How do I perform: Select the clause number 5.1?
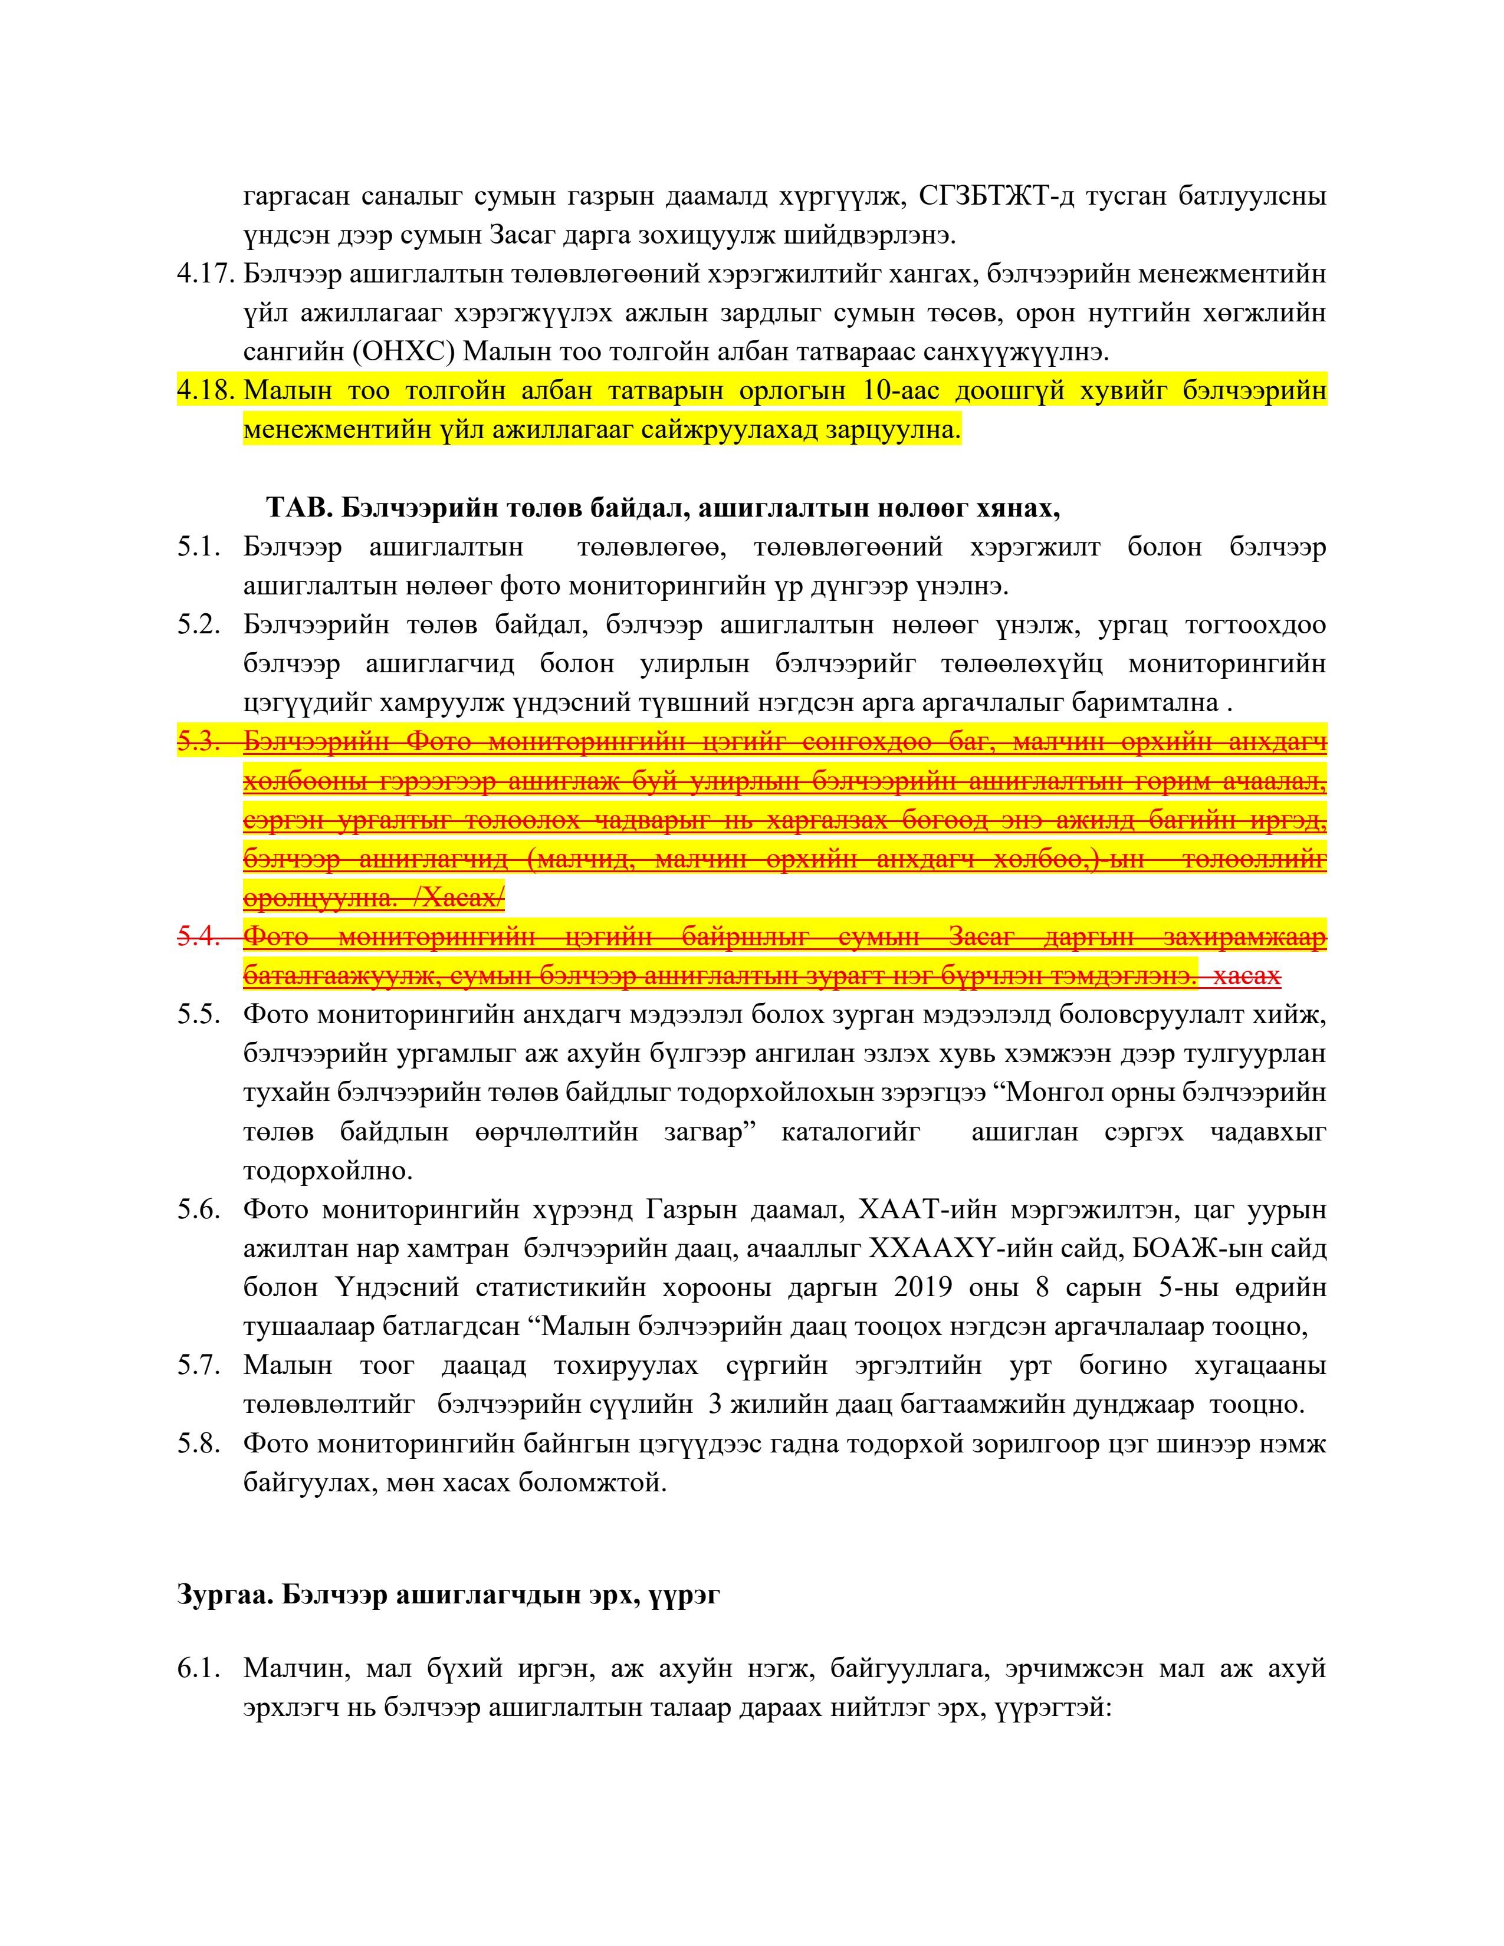coord(198,547)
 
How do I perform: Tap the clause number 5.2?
coord(198,626)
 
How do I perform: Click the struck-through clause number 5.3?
coord(198,742)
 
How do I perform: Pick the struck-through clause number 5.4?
coord(198,938)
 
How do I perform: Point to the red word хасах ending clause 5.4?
coord(1247,977)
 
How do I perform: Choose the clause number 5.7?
coord(198,1366)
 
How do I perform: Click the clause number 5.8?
coord(198,1444)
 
